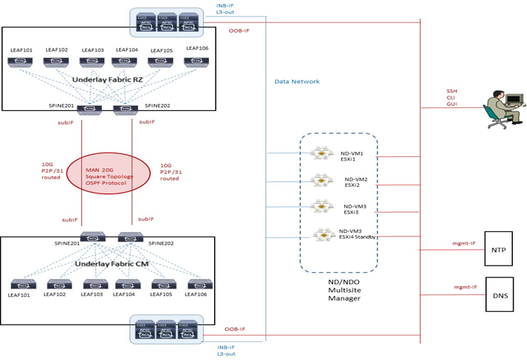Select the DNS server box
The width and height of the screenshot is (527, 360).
497,297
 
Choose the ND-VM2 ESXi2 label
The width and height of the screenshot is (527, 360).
356,183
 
